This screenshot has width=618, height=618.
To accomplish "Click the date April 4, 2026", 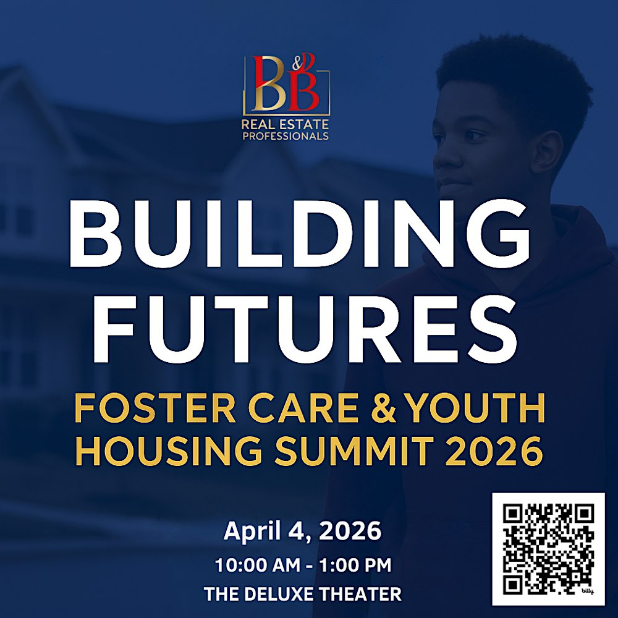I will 302,531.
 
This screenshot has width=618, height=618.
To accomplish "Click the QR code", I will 548,549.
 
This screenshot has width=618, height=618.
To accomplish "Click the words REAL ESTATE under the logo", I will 286,125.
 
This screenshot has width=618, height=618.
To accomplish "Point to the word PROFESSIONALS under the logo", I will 286,136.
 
